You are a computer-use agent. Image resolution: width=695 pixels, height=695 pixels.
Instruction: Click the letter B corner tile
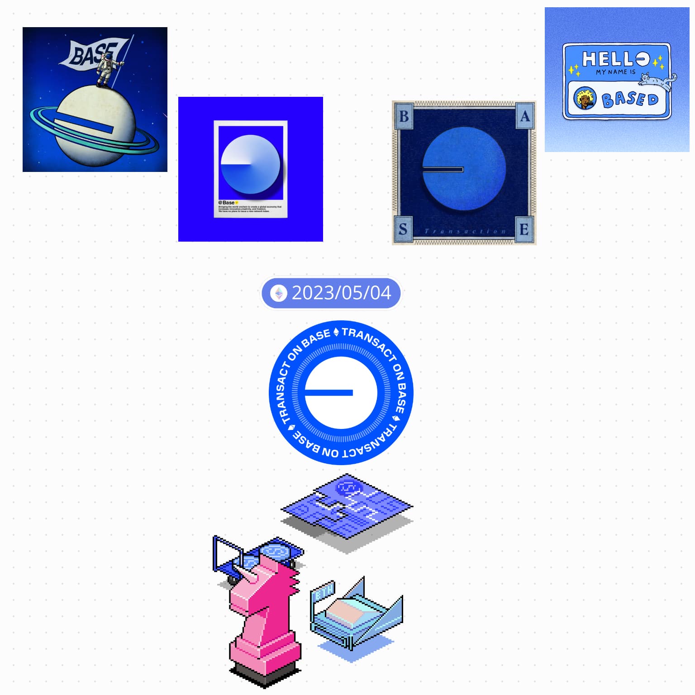tap(404, 116)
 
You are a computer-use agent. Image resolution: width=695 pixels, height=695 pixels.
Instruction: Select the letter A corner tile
tap(524, 116)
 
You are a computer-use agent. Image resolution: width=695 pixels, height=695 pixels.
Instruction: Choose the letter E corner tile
tap(524, 229)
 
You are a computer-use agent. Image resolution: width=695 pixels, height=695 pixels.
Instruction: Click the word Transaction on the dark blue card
tap(465, 231)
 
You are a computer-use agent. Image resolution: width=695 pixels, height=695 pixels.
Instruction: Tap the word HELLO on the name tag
tap(615, 59)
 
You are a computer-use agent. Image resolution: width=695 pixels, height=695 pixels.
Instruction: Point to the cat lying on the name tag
tap(657, 81)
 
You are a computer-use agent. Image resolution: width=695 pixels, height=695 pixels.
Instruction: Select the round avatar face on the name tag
tap(584, 99)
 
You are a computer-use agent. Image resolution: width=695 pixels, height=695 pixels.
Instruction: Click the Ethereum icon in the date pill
tap(279, 293)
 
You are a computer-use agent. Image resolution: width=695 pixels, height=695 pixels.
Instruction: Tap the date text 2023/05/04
tap(341, 293)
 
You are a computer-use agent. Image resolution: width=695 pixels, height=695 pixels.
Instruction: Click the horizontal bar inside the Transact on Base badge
tap(329, 393)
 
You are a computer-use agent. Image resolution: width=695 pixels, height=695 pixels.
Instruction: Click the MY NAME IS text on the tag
tap(615, 72)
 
